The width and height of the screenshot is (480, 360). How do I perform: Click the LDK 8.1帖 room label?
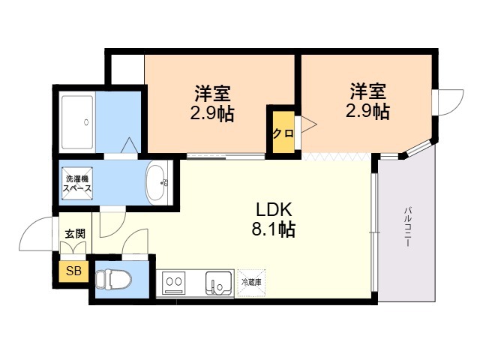pyautogui.click(x=273, y=219)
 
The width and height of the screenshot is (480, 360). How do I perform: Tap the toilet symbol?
pyautogui.click(x=113, y=280)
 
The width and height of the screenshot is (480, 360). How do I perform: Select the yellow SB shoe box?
pyautogui.click(x=74, y=271)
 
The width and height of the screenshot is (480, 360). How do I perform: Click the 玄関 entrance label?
pyautogui.click(x=75, y=234)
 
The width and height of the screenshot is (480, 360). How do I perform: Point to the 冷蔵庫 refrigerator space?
pyautogui.click(x=251, y=283)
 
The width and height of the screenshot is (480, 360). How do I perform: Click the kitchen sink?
pyautogui.click(x=218, y=283)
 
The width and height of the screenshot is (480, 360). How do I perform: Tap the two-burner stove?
pyautogui.click(x=173, y=282)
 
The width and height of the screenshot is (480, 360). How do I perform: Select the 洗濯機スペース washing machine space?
pyautogui.click(x=77, y=183)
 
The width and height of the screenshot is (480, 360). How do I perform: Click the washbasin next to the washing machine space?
pyautogui.click(x=157, y=183)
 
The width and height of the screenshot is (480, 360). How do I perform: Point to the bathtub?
pyautogui.click(x=77, y=121)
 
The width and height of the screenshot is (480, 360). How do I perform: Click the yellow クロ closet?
pyautogui.click(x=283, y=133)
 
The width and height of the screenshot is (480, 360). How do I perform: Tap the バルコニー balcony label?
pyautogui.click(x=407, y=227)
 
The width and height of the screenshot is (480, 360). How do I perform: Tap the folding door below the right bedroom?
pyautogui.click(x=337, y=157)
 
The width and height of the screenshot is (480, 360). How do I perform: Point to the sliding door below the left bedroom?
pyautogui.click(x=226, y=157)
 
